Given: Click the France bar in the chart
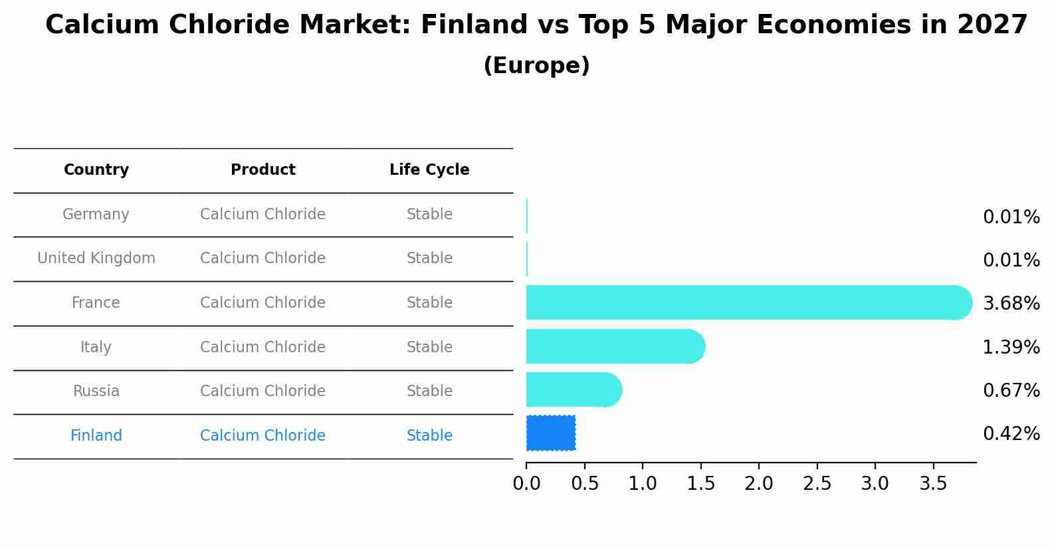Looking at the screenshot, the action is click(x=749, y=302).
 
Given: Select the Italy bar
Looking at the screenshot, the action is click(x=615, y=346).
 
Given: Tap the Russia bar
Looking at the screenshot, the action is click(x=574, y=389).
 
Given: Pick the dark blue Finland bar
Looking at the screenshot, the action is click(x=551, y=433).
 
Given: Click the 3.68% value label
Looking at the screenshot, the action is click(x=1011, y=304).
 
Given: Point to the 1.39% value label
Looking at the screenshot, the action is click(x=1011, y=348).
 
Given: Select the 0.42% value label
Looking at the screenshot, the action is click(x=1011, y=434).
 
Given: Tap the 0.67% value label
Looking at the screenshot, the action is click(x=1011, y=391).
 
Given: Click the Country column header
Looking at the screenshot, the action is click(x=96, y=169).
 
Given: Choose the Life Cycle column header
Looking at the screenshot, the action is click(x=429, y=169).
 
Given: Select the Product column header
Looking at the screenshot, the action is click(x=263, y=169).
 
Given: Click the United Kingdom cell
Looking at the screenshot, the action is click(x=96, y=258).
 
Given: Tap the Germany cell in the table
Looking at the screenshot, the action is click(x=96, y=214).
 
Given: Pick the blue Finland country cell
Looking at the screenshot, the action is click(x=96, y=435).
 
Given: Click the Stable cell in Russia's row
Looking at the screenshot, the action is click(x=429, y=391).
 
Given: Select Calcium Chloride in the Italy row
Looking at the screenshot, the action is click(x=263, y=347).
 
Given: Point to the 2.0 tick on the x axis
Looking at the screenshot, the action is click(x=758, y=483).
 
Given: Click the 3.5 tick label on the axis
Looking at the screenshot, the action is click(x=933, y=483).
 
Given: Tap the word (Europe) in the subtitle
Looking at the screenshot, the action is click(x=537, y=65).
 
